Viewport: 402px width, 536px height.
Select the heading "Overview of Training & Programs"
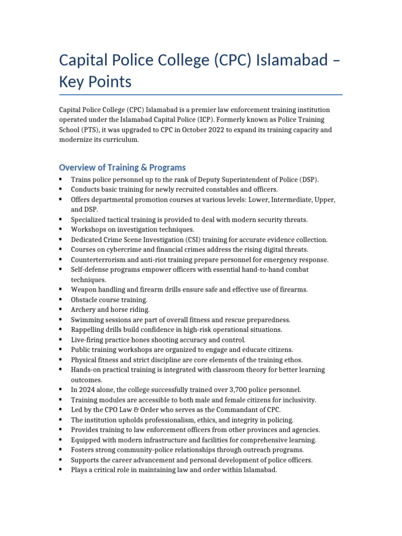click(x=122, y=167)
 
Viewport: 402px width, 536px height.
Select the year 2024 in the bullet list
click(x=87, y=390)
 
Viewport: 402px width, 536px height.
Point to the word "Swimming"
click(x=87, y=320)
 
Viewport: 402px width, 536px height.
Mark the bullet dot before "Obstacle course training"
click(x=61, y=300)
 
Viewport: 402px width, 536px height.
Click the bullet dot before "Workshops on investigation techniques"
click(x=61, y=230)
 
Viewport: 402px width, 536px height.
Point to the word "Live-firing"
click(x=87, y=340)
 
